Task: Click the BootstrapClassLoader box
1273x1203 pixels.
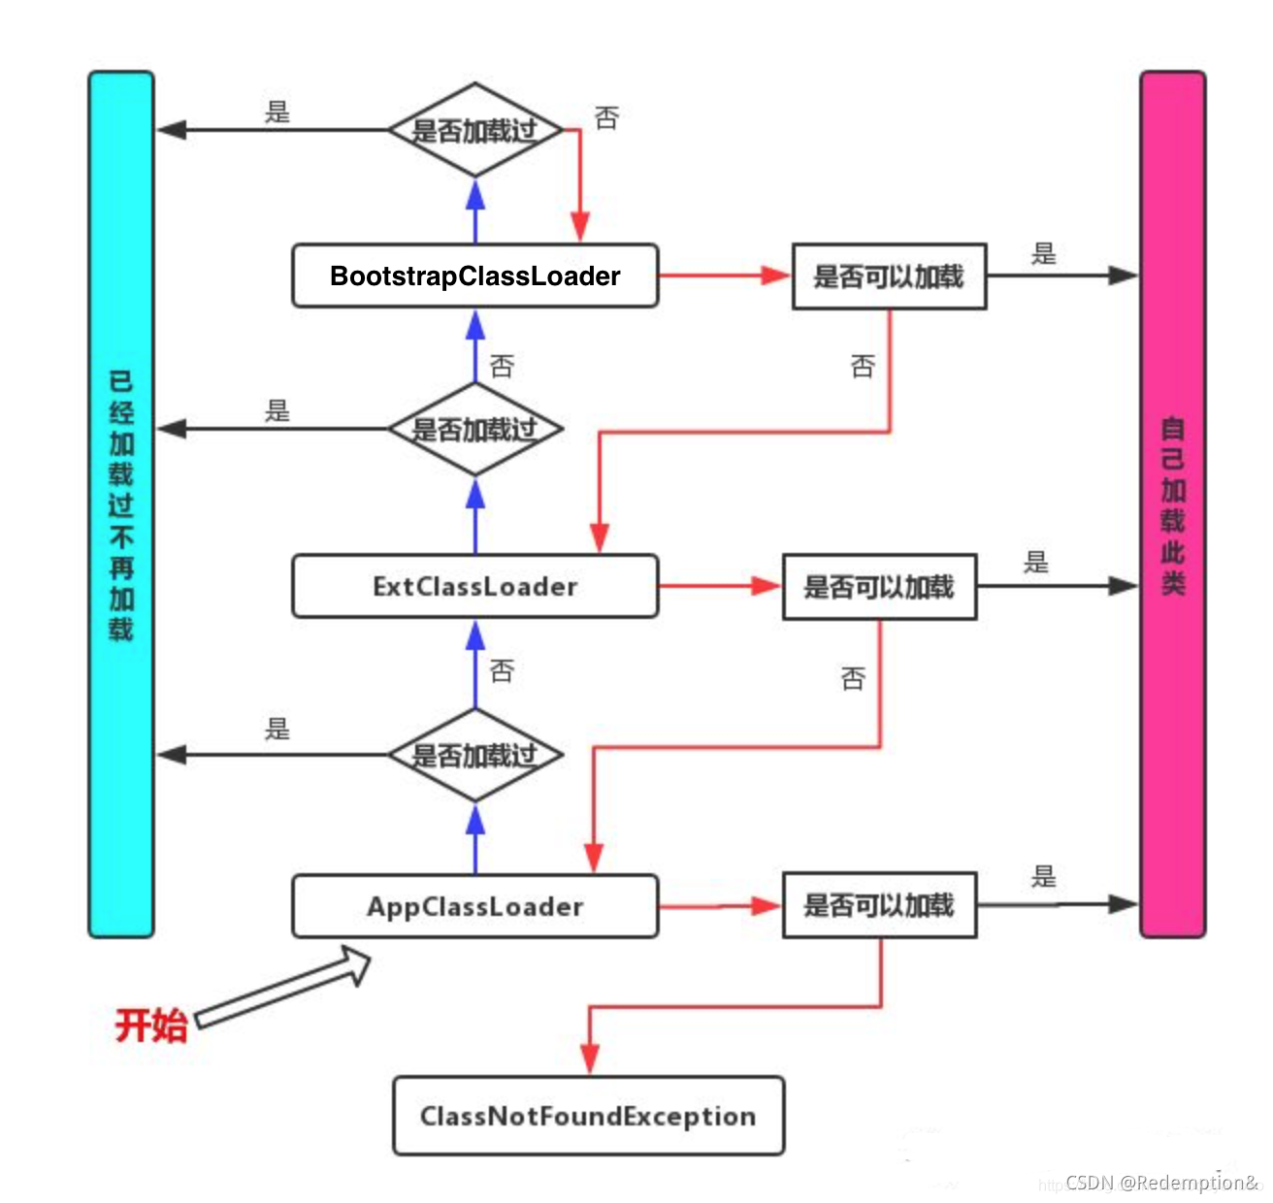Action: point(474,276)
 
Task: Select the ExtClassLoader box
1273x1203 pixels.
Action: point(474,587)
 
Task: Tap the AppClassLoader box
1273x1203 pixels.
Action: point(474,907)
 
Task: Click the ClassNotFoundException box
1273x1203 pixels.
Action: point(588,1117)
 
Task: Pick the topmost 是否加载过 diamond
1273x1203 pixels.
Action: point(474,130)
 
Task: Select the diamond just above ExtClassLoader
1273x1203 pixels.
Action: point(474,429)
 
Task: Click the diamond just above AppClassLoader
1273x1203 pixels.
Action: point(474,755)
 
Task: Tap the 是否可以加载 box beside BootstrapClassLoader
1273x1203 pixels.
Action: point(889,276)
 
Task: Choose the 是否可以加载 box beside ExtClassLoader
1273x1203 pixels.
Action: point(879,587)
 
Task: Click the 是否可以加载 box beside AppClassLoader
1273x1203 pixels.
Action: point(879,905)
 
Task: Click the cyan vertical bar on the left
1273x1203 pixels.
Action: point(121,504)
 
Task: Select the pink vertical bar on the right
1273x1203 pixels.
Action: point(1172,504)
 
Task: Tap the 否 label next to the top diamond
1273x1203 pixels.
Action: point(606,118)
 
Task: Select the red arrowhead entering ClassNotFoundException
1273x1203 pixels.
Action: point(589,1057)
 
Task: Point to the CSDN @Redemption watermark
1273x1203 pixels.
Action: point(1160,1183)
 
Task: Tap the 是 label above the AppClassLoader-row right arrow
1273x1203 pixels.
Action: point(1043,877)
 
